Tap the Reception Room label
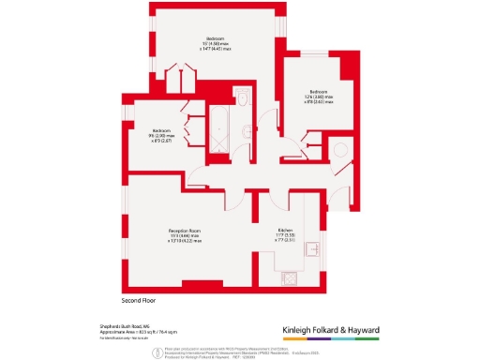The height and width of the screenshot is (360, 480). point(186,233)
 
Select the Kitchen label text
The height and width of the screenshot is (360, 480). point(286,233)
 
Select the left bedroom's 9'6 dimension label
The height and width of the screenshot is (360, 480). point(162,135)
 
